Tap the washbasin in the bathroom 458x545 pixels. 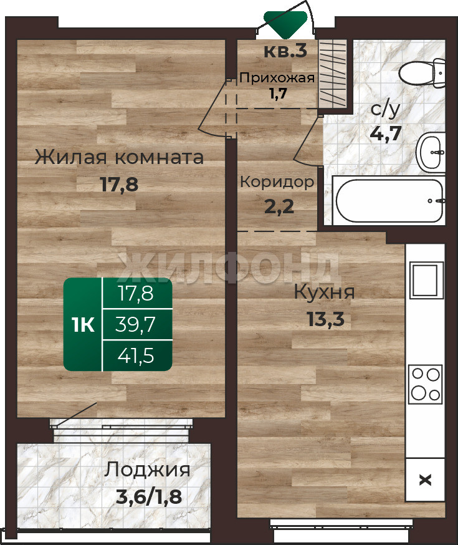coord(431,152)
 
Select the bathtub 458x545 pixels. coord(389,200)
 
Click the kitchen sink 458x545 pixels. coord(426,280)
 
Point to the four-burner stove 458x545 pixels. coord(426,384)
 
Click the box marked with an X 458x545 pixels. coord(426,480)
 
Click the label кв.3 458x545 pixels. coord(285,51)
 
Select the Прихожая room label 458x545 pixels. coord(277,77)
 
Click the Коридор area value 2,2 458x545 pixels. coord(279,207)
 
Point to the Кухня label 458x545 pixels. coord(324,292)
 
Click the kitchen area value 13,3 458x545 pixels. coord(325,319)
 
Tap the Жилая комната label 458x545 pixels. coord(119,157)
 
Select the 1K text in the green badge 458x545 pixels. coord(83,325)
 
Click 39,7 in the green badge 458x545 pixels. coord(135,325)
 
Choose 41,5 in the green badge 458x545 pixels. coord(135,356)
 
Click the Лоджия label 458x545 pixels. coord(147,471)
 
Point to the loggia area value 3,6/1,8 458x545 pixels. coord(148,497)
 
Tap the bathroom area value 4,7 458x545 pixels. coord(386,133)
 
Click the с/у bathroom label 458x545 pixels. coord(386,109)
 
